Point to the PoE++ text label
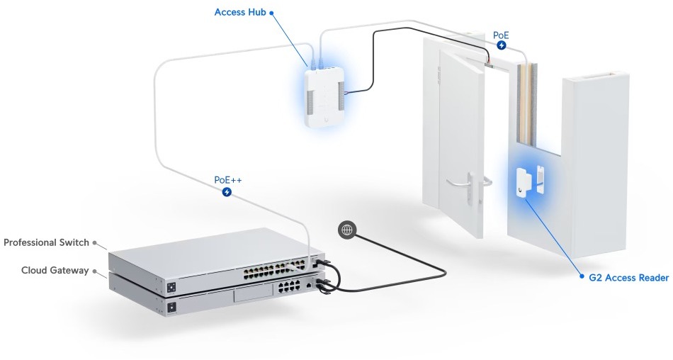227,180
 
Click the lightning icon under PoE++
227,192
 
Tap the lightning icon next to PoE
502,45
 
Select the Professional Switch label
46,242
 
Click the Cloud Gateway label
55,270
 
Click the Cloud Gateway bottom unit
213,301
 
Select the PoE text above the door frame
501,33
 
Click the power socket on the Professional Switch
171,287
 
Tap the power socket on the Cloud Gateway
171,307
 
